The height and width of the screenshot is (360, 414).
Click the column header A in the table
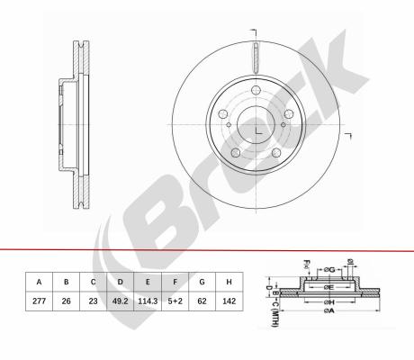pos(39,282)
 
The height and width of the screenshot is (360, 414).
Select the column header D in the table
pos(121,282)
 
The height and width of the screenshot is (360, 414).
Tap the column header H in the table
pos(229,282)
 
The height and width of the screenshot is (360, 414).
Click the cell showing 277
pos(39,301)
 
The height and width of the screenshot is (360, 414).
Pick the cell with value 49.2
pos(121,301)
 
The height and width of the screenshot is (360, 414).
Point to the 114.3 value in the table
pos(148,301)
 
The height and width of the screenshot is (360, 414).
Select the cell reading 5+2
pos(175,301)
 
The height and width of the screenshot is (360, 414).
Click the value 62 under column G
pos(202,301)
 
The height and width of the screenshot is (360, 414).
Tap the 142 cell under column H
pos(229,301)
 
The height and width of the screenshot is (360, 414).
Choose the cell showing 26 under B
pos(67,301)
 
